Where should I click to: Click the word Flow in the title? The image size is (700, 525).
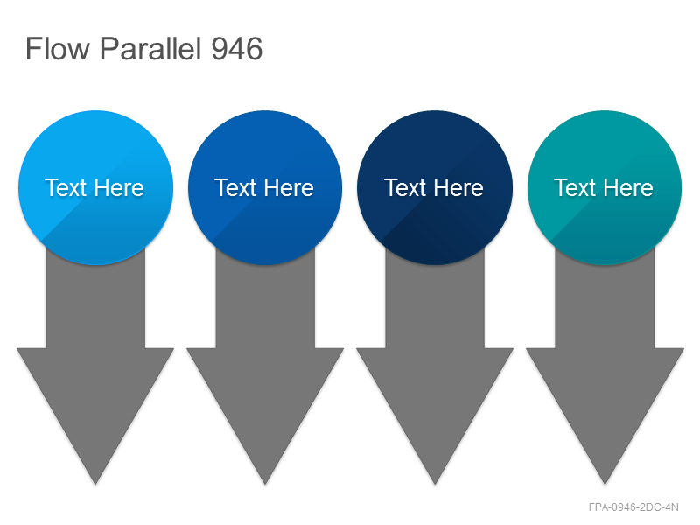[58, 48]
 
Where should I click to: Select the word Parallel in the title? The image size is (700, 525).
[150, 48]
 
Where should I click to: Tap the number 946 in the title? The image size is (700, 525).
[236, 49]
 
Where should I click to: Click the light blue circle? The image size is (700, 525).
[95, 187]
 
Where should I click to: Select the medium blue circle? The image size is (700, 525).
[265, 187]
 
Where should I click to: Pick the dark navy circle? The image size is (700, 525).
[435, 187]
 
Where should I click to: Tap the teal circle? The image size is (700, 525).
[605, 187]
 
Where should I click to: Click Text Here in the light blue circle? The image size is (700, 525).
[94, 187]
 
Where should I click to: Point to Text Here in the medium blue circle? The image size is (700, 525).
[264, 187]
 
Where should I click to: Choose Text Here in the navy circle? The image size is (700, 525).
[433, 187]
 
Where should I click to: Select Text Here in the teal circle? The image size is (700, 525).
[603, 187]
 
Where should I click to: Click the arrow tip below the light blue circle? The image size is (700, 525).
[95, 484]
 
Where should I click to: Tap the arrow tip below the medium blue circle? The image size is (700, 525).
[265, 484]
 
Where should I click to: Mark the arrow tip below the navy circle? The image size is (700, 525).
[435, 484]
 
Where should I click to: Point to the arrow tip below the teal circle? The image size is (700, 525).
[605, 484]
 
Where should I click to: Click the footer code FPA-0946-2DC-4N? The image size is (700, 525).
[633, 507]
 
